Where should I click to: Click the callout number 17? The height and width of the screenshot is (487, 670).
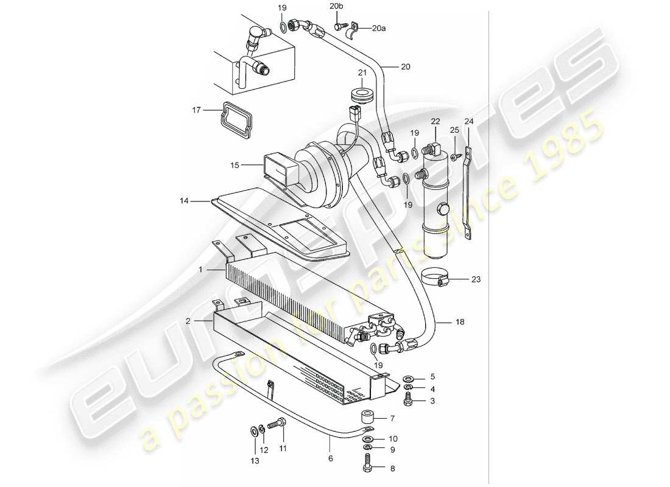[x=196, y=110]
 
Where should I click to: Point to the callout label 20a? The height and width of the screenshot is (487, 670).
[x=379, y=28]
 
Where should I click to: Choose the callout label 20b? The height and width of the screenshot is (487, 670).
[x=336, y=6]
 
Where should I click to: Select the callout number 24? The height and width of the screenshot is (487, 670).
[x=468, y=121]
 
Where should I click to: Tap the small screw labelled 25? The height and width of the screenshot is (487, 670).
[x=454, y=157]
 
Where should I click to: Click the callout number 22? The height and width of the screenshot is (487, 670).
[x=435, y=122]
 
